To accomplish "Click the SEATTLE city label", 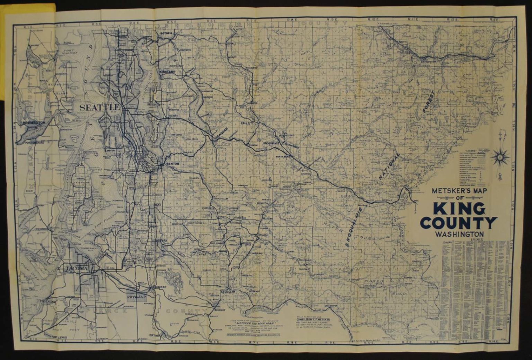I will coord(99,107).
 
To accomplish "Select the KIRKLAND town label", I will coord(168,71).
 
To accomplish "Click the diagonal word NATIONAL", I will coord(390,166).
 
